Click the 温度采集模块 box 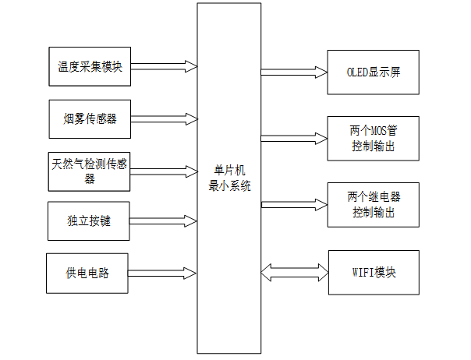(x=90, y=66)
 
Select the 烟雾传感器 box (x=90, y=119)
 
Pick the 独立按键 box (x=90, y=221)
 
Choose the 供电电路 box (x=87, y=274)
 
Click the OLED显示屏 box (x=374, y=72)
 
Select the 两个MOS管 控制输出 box (x=374, y=138)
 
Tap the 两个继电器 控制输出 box (x=374, y=203)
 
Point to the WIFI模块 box (x=374, y=273)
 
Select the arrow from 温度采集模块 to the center (x=164, y=66)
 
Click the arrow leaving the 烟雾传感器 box (x=164, y=119)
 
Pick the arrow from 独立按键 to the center (x=164, y=221)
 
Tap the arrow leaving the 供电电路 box (x=164, y=274)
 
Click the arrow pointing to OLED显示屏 (x=294, y=72)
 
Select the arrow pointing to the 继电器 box (x=294, y=204)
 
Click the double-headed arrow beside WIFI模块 (x=294, y=273)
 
